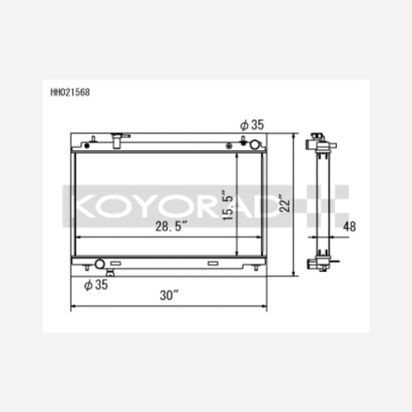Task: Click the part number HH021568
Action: (x=70, y=92)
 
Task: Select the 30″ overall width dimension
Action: (x=169, y=295)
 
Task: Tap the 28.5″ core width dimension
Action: (x=172, y=226)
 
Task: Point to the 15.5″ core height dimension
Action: (x=227, y=205)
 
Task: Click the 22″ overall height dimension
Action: (x=284, y=203)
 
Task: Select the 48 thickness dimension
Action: (x=349, y=226)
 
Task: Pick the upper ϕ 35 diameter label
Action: (x=252, y=124)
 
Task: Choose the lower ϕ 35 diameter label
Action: (x=96, y=284)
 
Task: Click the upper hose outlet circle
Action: (x=254, y=145)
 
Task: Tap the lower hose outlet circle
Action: (x=100, y=264)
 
